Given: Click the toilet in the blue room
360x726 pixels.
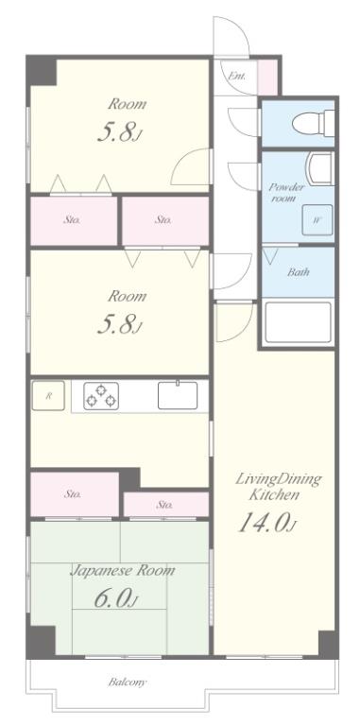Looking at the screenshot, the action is point(313,123).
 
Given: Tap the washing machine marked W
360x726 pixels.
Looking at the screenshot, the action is point(317,220).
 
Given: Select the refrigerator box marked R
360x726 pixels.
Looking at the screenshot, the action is point(48,395).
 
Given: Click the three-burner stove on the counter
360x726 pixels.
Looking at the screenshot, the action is point(101,396).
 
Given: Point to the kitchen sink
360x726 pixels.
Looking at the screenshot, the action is point(178,395).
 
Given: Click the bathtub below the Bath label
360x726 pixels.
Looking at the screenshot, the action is point(298,322).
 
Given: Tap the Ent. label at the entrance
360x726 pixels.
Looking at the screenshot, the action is point(236,76).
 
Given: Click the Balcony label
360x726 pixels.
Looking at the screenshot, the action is point(128,682).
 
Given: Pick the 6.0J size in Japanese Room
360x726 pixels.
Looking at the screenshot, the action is point(116,599).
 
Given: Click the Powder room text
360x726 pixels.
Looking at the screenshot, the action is point(287,193).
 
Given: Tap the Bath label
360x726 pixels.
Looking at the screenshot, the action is point(298,272).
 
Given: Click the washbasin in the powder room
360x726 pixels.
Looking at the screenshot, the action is point(321,169).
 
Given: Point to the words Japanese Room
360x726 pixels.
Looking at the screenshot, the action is point(123,570).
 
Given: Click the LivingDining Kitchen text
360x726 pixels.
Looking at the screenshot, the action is point(278,486).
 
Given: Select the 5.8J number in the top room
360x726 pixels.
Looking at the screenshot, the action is point(119,133).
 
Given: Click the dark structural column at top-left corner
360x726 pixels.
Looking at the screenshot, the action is point(43,71).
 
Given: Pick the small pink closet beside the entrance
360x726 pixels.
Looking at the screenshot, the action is point(267,77).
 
